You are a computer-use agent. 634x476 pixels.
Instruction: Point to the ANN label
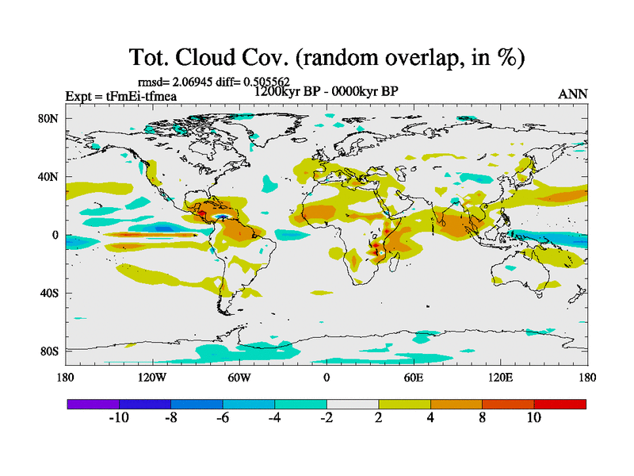pos(573,94)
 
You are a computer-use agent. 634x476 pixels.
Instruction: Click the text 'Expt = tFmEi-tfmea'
pos(120,96)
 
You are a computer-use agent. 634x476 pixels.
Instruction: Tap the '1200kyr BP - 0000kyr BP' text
pos(326,91)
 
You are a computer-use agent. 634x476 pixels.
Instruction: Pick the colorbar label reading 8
pos(482,418)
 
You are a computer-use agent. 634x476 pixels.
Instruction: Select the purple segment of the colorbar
pos(93,404)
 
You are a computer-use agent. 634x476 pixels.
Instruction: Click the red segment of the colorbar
pos(560,404)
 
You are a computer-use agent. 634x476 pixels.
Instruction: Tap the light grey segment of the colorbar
pos(352,404)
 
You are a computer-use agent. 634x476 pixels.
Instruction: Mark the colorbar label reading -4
pos(274,418)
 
